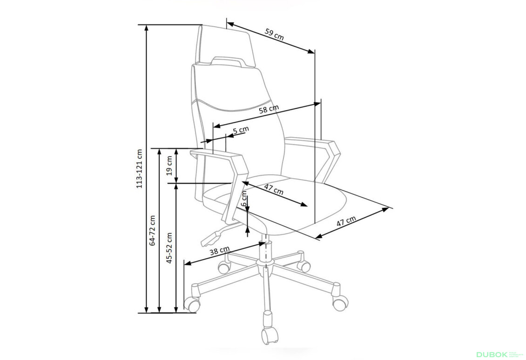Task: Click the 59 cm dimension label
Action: (x=274, y=35)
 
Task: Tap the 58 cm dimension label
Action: (x=269, y=110)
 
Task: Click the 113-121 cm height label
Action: (x=139, y=169)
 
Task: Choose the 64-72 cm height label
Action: (x=152, y=230)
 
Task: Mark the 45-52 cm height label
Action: (x=169, y=248)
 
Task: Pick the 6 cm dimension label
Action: (x=244, y=198)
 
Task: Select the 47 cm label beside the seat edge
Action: (x=345, y=225)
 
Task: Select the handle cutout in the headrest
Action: (x=228, y=60)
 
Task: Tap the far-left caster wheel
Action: (x=193, y=304)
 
